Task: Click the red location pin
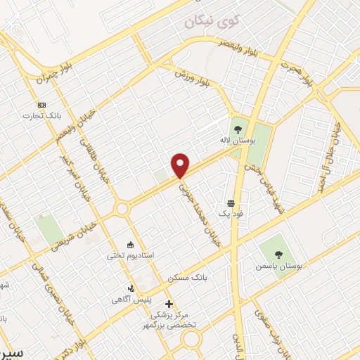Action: pos(181,165)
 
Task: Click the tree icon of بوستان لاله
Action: pos(238,129)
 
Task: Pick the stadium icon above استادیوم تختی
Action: pos(130,245)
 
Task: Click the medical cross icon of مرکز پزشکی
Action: pos(169,303)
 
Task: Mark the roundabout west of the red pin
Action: pos(122,208)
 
